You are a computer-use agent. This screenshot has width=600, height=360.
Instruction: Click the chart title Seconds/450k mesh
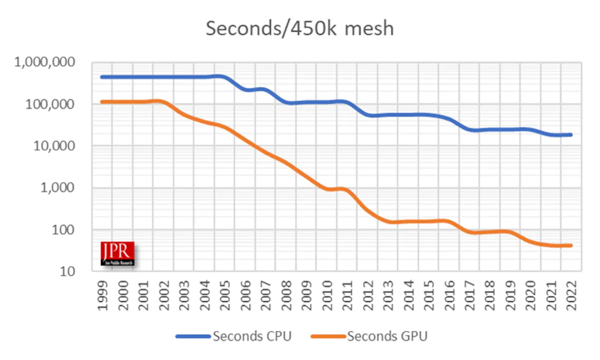299,28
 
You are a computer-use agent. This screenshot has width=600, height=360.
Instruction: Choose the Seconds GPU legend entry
370,336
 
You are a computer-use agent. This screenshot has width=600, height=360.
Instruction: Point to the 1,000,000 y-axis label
45,62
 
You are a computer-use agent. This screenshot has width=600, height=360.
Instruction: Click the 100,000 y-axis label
50,104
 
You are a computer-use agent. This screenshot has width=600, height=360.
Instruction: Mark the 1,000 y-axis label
59,188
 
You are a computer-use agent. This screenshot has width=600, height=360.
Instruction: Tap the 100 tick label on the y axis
66,230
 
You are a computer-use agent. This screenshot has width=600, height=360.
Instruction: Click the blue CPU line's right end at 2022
570,134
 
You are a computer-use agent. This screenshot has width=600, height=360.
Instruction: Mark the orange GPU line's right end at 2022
570,245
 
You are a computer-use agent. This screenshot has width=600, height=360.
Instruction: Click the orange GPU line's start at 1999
102,102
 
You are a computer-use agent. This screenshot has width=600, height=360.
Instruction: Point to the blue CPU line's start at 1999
102,77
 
